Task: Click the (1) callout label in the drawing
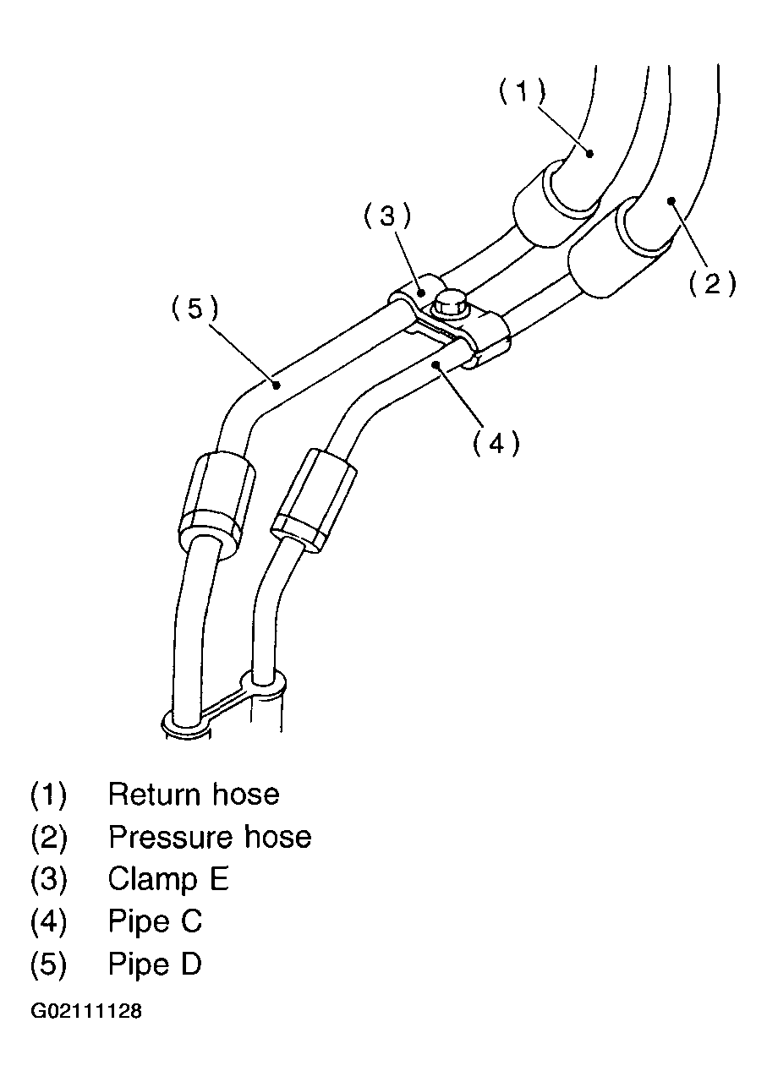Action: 521,90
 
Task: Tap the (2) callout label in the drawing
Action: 712,285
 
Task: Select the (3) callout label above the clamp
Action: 387,216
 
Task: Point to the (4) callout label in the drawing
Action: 496,442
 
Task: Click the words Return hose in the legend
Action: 194,795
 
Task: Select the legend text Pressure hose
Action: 210,837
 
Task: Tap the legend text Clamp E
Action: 168,879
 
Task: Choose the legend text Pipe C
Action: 155,921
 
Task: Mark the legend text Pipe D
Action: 155,964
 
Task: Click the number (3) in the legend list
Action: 48,879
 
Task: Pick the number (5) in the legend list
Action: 48,964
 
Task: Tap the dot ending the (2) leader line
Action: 671,201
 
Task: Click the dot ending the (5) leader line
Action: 277,385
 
